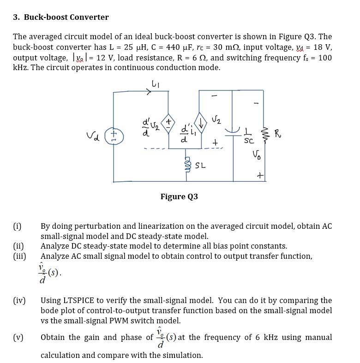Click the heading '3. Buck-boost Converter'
click(61, 17)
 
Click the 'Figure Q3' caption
click(179, 196)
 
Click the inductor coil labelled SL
click(187, 165)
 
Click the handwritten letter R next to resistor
click(277, 134)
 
